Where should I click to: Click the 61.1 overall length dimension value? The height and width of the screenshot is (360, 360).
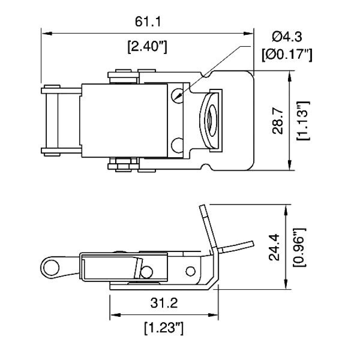pos(147,22)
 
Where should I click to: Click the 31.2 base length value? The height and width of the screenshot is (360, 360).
pos(164,304)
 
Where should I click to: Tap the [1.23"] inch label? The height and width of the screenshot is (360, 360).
pos(164,329)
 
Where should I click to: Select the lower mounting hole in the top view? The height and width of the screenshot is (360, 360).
pos(177,145)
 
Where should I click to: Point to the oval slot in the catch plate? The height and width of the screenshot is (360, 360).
pos(210,120)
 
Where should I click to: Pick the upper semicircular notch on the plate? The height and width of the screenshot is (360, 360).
pos(207,74)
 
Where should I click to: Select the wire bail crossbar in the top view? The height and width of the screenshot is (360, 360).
pos(50,120)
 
